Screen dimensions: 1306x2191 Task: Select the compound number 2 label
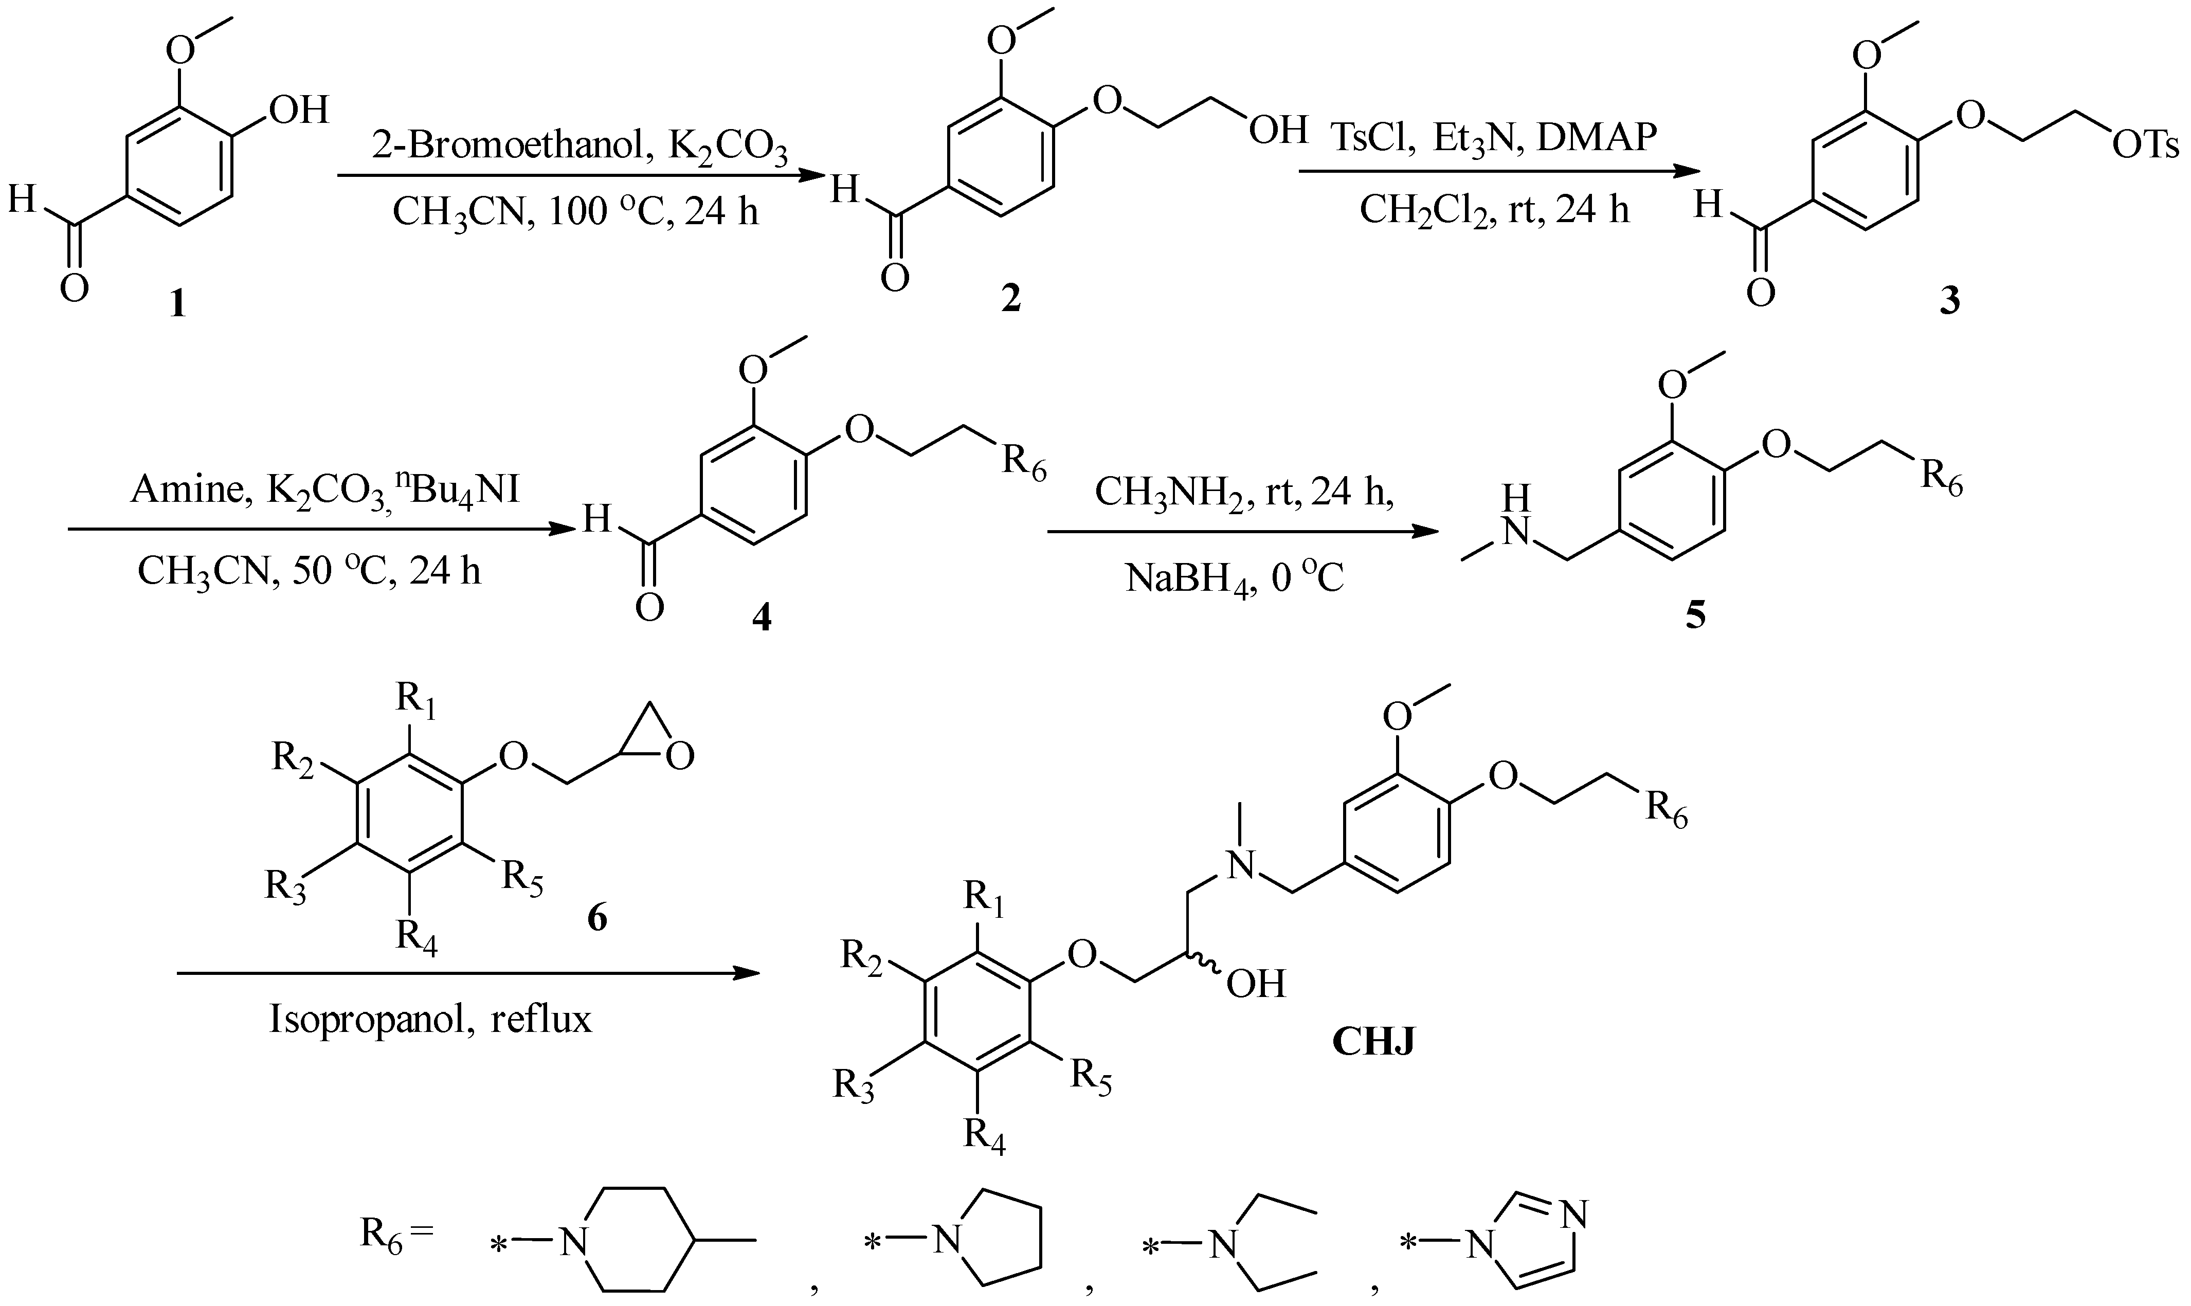point(1011,299)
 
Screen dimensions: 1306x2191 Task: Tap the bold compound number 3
point(1950,302)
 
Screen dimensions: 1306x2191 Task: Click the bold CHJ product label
point(1373,1042)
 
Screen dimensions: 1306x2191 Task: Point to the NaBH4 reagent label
point(1188,579)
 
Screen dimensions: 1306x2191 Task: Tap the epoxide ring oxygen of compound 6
point(679,756)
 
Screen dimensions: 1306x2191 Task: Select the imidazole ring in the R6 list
point(1544,1241)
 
